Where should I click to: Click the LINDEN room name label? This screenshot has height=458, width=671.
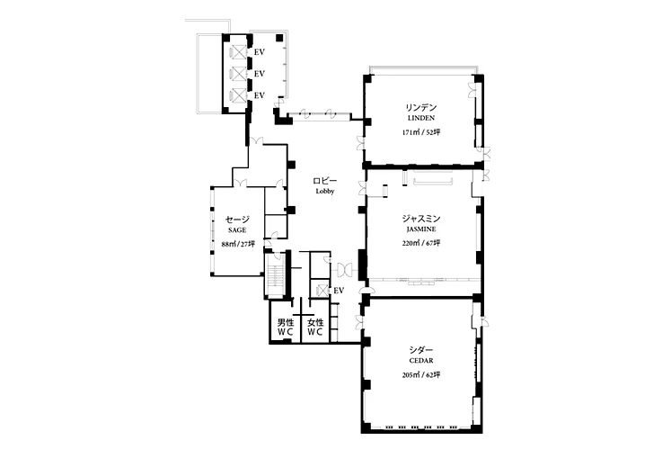(x=421, y=118)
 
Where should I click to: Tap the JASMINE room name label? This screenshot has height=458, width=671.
(x=421, y=229)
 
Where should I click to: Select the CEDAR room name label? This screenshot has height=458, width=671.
(x=421, y=361)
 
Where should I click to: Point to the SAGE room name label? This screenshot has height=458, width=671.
(x=237, y=230)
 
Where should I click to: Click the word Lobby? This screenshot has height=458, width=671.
(x=325, y=192)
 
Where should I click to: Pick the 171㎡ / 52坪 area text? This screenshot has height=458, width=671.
(x=421, y=132)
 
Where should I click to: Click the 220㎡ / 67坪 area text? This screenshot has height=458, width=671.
(x=421, y=243)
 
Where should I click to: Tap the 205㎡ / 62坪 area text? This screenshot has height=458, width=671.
(x=421, y=375)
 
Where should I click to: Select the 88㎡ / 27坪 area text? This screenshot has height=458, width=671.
(x=238, y=244)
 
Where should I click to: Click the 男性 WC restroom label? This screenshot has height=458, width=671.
(x=286, y=327)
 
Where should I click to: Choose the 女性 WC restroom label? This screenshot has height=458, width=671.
(x=315, y=327)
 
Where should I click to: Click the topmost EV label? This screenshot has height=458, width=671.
(x=260, y=52)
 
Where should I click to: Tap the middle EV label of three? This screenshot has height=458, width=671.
(x=260, y=74)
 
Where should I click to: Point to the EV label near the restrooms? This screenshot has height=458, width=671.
(x=339, y=291)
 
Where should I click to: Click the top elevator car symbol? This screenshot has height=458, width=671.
(x=239, y=52)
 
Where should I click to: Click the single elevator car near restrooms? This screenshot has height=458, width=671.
(x=322, y=291)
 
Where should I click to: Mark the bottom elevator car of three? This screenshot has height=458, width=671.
(x=239, y=95)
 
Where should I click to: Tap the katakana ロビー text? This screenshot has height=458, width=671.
(x=325, y=181)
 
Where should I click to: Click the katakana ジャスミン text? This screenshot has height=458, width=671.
(x=421, y=219)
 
